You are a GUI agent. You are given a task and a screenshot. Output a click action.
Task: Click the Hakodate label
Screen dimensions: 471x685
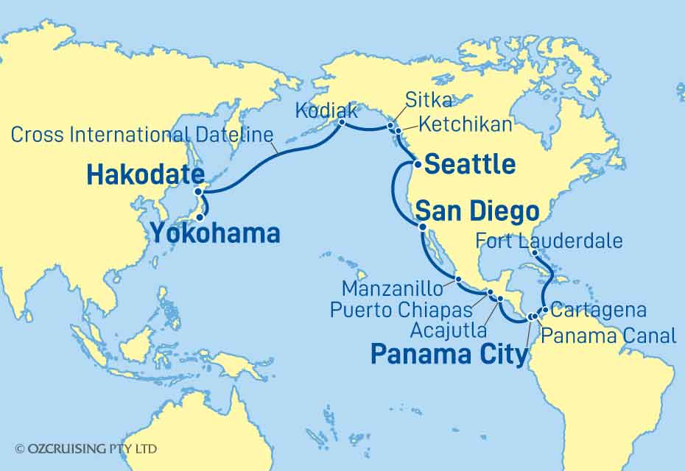[x=145, y=174]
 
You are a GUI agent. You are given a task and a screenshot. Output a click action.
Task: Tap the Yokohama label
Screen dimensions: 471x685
[x=215, y=233]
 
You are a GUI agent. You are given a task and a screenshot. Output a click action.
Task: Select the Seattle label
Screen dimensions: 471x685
[x=470, y=164]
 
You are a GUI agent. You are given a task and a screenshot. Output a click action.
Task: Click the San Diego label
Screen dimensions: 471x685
[x=477, y=213]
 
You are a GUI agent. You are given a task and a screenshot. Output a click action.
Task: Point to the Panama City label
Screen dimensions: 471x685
[x=449, y=355]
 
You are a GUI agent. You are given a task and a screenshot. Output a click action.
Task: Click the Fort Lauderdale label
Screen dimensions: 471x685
[x=549, y=240]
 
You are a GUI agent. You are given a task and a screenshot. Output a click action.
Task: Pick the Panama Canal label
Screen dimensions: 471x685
[x=608, y=336]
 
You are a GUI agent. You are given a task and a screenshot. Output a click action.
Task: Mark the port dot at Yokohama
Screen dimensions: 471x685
[x=200, y=217]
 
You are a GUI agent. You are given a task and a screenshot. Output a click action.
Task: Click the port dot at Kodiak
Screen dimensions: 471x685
[x=342, y=124]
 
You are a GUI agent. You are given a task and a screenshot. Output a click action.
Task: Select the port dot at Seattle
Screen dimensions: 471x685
[x=417, y=164]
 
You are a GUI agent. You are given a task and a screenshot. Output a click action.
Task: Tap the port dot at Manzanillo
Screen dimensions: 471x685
[x=457, y=280]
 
